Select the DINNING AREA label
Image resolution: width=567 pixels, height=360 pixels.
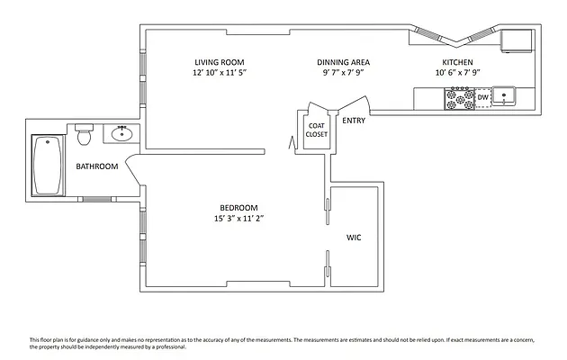point(343,62)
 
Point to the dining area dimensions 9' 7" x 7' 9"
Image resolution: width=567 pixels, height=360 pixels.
point(343,72)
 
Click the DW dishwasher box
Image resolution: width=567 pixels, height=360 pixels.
point(482,97)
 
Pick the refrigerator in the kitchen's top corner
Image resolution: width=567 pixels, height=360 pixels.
point(518,40)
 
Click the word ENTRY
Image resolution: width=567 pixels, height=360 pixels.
point(354,120)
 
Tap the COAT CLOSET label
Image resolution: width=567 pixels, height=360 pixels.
point(317,130)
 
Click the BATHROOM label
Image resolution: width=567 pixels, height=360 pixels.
point(96,166)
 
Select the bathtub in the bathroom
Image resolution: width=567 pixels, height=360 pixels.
point(47,166)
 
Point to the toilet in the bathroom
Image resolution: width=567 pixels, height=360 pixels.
point(85,135)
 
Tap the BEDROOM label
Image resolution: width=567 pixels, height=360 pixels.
point(238,207)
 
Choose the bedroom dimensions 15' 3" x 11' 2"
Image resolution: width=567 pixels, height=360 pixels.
point(238,218)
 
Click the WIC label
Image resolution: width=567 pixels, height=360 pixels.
point(354,238)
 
